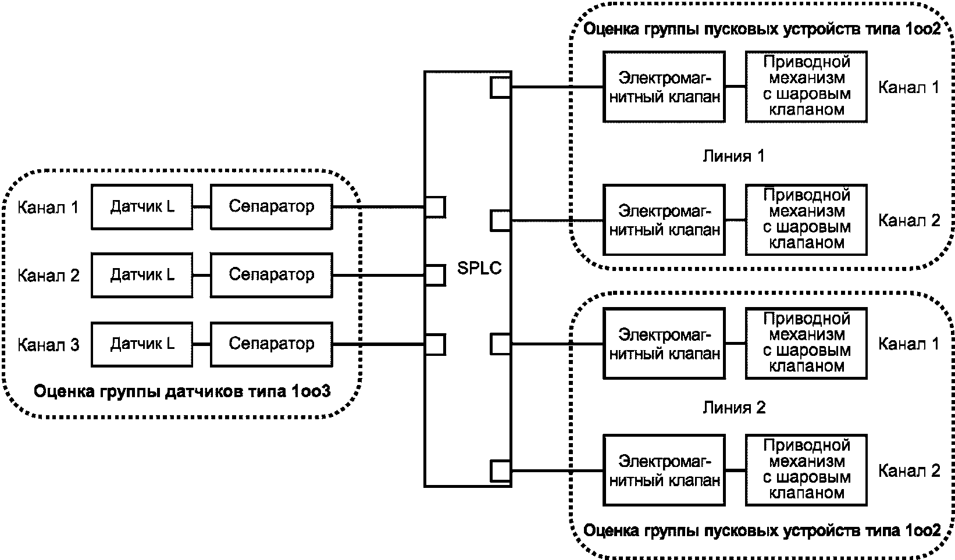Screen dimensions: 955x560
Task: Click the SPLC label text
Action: point(479,268)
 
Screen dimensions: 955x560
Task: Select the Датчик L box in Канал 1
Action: point(142,207)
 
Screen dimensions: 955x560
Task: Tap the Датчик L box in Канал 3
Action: point(142,344)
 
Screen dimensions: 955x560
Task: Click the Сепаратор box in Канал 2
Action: point(272,275)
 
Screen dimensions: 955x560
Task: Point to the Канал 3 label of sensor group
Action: point(48,345)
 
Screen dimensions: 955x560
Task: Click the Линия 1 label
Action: point(734,156)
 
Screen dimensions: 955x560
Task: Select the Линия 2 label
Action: point(734,408)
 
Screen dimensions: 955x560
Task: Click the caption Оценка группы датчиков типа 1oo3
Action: point(182,391)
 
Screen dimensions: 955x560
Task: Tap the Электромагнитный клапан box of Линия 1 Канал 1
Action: point(664,87)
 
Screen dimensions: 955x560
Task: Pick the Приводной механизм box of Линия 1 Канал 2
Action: point(806,220)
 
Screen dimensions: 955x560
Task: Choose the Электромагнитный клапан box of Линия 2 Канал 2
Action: point(664,470)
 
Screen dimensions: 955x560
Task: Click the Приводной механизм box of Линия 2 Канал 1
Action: point(806,344)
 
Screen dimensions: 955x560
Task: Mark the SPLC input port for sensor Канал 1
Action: point(435,207)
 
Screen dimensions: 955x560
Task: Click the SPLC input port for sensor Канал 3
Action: point(435,344)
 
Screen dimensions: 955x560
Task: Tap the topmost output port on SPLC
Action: point(501,87)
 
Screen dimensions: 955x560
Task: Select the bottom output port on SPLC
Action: point(501,471)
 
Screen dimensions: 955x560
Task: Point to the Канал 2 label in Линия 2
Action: point(909,471)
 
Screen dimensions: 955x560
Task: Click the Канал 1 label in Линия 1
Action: point(908,87)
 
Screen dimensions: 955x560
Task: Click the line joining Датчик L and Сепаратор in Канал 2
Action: point(202,275)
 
